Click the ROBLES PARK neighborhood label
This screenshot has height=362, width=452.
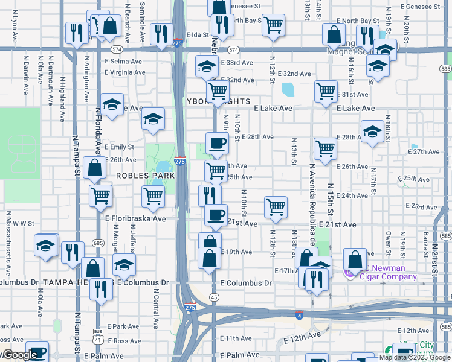[145, 176]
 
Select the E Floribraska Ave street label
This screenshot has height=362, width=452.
[135, 219]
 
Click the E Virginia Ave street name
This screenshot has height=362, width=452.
[125, 72]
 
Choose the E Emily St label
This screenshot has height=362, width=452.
[119, 147]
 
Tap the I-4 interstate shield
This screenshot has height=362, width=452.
[299, 316]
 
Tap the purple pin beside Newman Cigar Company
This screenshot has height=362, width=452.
[349, 273]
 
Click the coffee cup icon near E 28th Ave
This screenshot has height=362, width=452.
[217, 144]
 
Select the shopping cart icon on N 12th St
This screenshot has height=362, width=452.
[276, 207]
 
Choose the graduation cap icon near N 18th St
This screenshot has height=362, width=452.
[372, 132]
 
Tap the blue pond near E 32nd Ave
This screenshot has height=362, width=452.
[288, 90]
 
